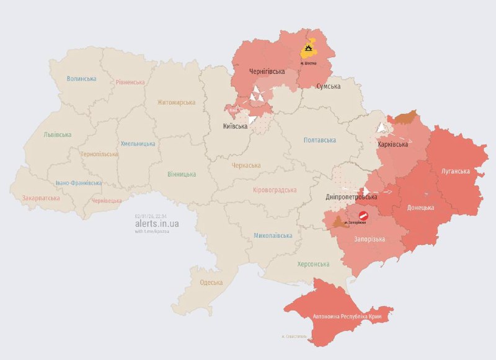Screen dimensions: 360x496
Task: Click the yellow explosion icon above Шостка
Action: pos(308,50)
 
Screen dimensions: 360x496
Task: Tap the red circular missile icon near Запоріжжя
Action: pos(363,215)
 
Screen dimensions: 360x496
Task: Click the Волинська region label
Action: pos(81,79)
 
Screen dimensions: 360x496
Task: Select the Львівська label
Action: pos(57,134)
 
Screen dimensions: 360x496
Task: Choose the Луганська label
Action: pos(455,170)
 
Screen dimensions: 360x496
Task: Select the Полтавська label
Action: pos(321,140)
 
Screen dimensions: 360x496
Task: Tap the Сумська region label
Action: pos(328,86)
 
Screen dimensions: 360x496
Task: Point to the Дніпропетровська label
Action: pos(351,197)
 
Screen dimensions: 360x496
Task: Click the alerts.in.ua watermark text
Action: pos(157,224)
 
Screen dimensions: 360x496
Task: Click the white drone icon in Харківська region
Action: pos(382,128)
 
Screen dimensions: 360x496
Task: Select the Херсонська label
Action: pos(313,264)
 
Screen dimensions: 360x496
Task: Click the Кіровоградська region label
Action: pos(275,190)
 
